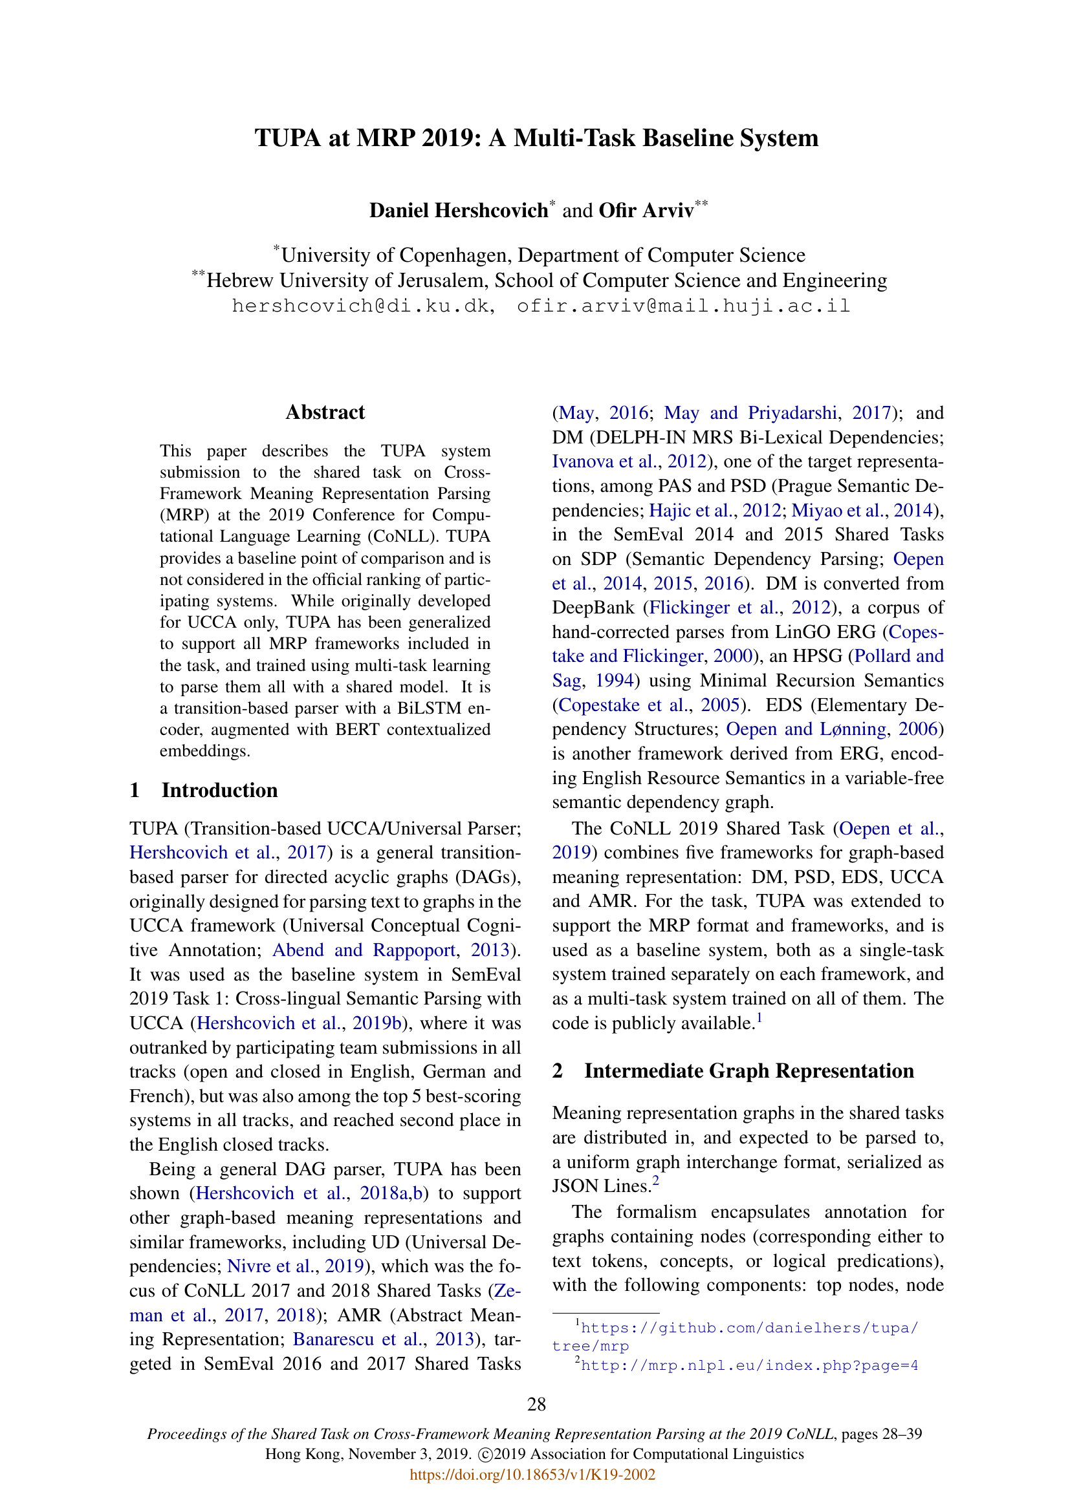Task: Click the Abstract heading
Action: tap(325, 412)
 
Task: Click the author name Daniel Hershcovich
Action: tap(458, 211)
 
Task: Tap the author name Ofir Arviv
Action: tap(646, 211)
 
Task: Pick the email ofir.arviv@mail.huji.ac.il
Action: tap(683, 306)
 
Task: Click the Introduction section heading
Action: tap(219, 790)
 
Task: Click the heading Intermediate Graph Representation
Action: tap(748, 1070)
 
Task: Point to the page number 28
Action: tap(536, 1405)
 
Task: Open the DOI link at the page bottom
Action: tap(532, 1475)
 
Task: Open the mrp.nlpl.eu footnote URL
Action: tap(749, 1365)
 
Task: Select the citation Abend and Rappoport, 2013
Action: tap(391, 950)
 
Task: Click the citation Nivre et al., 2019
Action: tap(296, 1266)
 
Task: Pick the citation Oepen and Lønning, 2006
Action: tap(831, 730)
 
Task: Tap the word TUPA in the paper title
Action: tap(287, 138)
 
